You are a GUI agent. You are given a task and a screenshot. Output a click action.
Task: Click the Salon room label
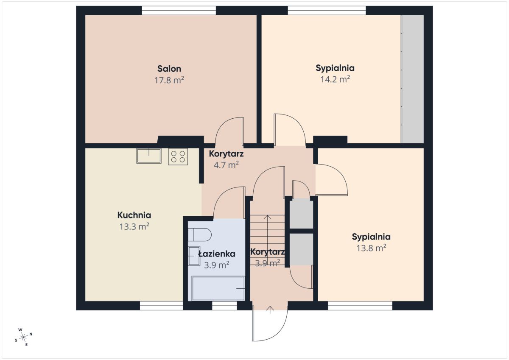(169, 69)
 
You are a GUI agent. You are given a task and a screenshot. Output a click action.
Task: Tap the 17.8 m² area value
(169, 80)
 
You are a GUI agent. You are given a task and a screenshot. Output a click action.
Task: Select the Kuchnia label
(134, 215)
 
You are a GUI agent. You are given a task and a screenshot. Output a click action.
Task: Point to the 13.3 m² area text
(134, 226)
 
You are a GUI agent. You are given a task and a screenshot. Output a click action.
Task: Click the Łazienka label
(217, 254)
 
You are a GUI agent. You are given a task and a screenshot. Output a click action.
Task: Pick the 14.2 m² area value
(335, 79)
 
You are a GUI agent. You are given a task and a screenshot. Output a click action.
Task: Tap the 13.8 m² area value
(371, 248)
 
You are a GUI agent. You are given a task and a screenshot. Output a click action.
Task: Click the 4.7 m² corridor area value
(226, 165)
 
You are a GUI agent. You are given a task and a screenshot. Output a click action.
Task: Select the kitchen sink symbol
(149, 156)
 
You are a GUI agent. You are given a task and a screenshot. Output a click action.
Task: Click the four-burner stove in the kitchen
(178, 156)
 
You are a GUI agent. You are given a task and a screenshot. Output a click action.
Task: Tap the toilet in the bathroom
(199, 234)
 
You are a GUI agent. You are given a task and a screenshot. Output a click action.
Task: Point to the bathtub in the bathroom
(218, 288)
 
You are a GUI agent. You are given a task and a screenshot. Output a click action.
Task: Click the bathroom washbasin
(194, 256)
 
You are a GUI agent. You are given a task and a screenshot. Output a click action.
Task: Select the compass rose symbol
(23, 337)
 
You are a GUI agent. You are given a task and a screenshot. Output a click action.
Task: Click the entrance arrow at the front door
(270, 310)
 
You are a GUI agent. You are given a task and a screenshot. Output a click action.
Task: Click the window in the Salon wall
(179, 11)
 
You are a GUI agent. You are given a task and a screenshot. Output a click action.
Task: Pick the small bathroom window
(224, 306)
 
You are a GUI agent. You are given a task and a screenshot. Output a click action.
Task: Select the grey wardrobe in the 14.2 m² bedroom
(412, 79)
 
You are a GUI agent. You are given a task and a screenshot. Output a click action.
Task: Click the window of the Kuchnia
(161, 306)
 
